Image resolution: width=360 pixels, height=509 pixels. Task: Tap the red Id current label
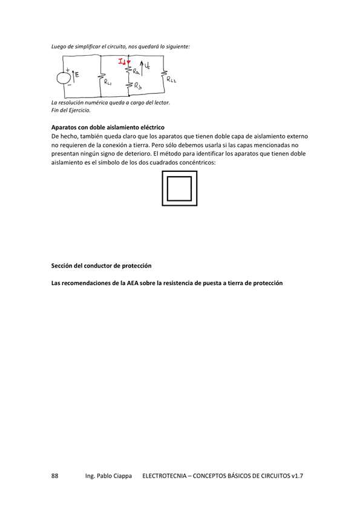point(123,61)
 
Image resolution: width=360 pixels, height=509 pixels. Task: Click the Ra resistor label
point(137,72)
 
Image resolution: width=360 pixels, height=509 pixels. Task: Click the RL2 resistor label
point(171,79)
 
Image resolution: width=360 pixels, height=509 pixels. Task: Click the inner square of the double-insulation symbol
point(179,188)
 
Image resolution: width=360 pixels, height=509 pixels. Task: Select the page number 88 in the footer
point(55,476)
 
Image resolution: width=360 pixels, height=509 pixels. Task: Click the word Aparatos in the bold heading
point(64,128)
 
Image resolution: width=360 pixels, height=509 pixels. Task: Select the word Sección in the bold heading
point(63,266)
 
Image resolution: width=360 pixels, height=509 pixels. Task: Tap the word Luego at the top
point(59,46)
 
